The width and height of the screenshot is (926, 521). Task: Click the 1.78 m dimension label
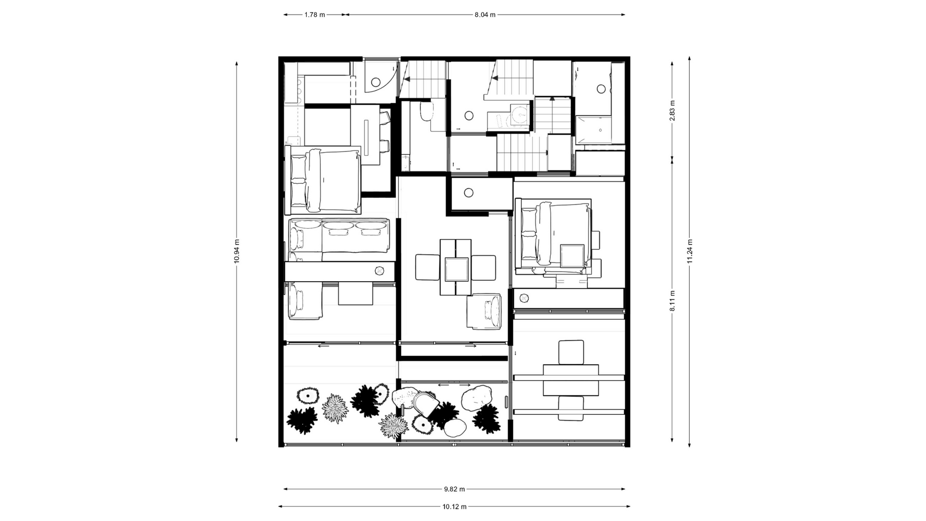[314, 14]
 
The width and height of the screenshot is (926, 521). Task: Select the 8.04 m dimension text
[485, 14]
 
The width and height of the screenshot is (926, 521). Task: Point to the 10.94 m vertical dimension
[236, 251]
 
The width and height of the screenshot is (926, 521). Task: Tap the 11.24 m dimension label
[690, 251]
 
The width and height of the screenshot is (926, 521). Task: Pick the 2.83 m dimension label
[672, 110]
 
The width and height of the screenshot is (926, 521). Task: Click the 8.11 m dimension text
[672, 301]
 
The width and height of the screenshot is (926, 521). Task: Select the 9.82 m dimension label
[454, 489]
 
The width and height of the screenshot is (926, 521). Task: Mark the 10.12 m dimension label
[454, 507]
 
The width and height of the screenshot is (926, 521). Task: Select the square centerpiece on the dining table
[456, 269]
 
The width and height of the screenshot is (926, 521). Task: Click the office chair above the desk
[571, 352]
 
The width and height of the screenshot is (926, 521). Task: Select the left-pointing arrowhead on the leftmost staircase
[407, 79]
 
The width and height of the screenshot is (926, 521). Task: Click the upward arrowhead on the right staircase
[552, 99]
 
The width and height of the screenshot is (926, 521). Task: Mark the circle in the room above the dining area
[468, 192]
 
